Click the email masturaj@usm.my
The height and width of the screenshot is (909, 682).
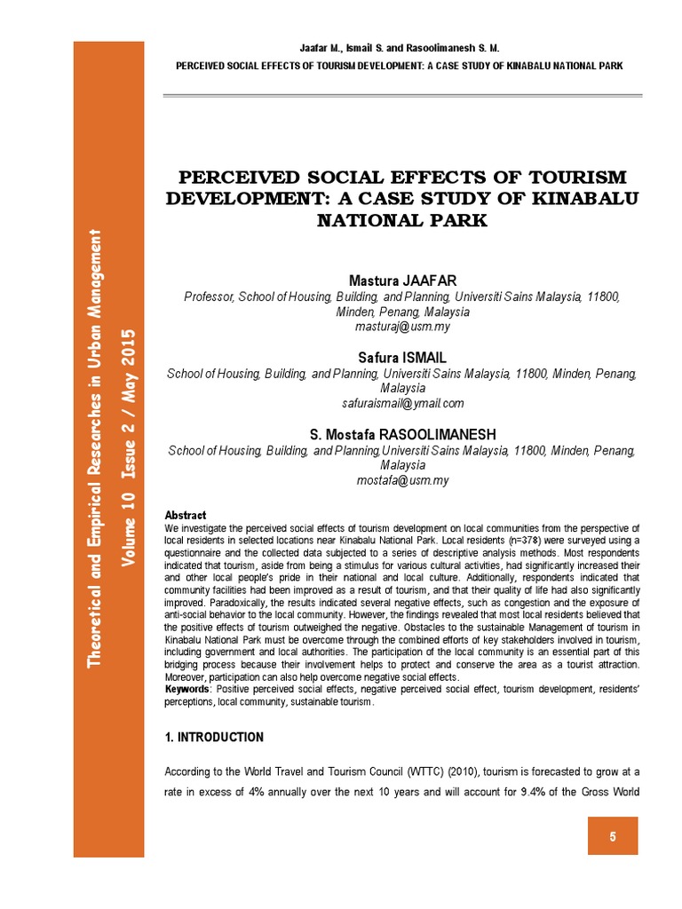pyautogui.click(x=402, y=327)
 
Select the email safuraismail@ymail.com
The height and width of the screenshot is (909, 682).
pyautogui.click(x=402, y=403)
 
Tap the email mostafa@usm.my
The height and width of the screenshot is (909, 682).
pyautogui.click(x=402, y=480)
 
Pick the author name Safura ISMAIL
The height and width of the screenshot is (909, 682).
pyautogui.click(x=402, y=358)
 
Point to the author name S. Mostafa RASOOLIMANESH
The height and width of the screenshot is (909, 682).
pyautogui.click(x=402, y=434)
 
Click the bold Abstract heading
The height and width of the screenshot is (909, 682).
pyautogui.click(x=186, y=515)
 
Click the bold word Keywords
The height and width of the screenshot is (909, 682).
pyautogui.click(x=189, y=690)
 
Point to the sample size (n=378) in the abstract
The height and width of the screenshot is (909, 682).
pyautogui.click(x=501, y=540)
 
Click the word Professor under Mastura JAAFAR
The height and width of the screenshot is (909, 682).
pyautogui.click(x=207, y=296)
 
